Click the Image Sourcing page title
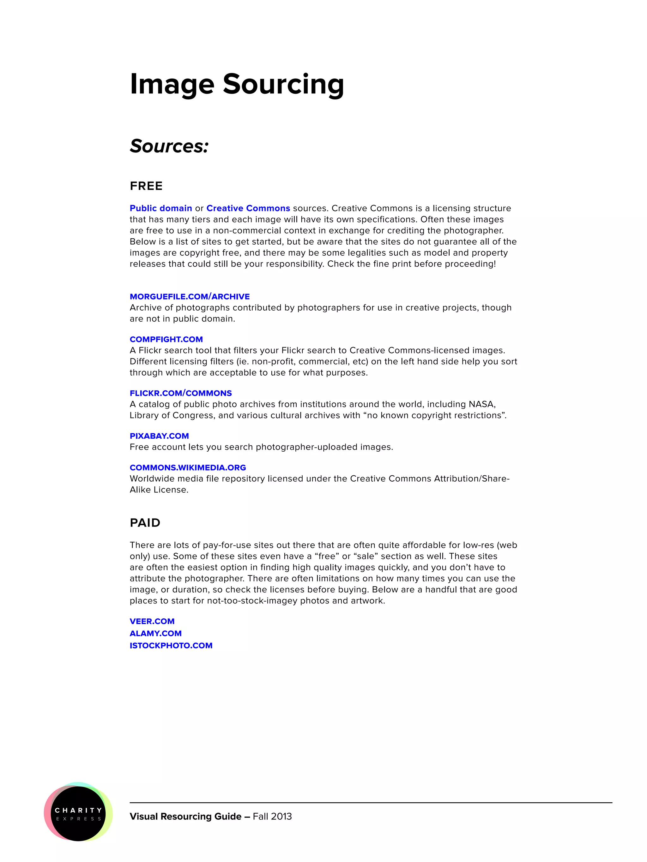pos(236,84)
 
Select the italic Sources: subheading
pos(169,146)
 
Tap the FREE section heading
pos(146,186)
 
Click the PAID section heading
pos(145,523)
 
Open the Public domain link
pos(161,208)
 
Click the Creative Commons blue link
pos(248,208)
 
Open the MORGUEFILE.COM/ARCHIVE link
pos(190,297)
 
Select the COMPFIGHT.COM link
pos(166,339)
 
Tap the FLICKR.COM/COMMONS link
pos(181,393)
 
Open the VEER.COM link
pos(152,621)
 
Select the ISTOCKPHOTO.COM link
pos(171,645)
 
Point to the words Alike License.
pos(158,490)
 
